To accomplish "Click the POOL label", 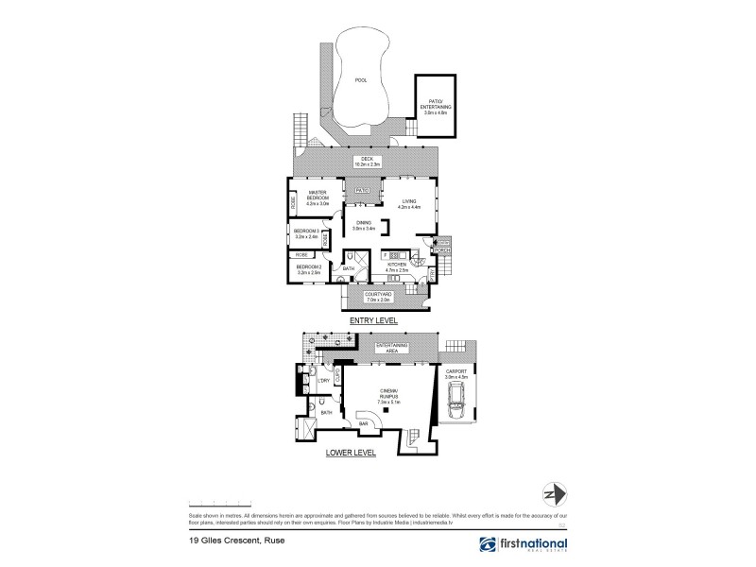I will [360, 80].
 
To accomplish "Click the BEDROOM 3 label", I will [306, 234].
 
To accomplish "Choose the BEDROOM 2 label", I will [309, 270].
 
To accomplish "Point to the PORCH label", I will [443, 250].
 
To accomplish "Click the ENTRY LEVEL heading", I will [372, 320].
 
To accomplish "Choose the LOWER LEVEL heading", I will [352, 453].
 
